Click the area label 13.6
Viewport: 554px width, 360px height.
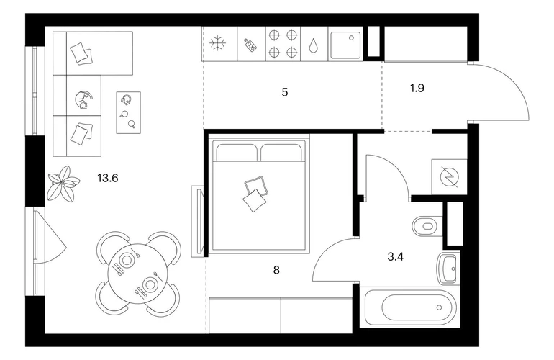coord(108,179)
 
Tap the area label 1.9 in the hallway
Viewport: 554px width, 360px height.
coord(417,88)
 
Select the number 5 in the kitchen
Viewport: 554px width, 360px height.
coord(285,93)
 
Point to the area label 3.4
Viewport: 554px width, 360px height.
coord(396,257)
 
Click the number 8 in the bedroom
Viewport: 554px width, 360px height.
coord(276,270)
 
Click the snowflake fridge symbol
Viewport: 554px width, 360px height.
coord(217,43)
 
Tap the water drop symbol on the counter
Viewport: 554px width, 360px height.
coord(314,45)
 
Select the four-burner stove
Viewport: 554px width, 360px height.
coord(283,44)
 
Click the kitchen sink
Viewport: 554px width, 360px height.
coord(345,45)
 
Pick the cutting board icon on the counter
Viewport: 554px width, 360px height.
coord(250,45)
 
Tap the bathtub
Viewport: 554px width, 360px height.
coord(412,307)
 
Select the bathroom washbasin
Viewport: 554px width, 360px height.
coord(448,269)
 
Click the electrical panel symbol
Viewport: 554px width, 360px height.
coord(449,176)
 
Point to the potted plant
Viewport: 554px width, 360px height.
coord(63,183)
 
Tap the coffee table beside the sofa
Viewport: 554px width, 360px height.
coord(129,112)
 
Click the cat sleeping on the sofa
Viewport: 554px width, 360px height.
coord(84,99)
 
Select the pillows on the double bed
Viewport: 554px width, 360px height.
coord(255,194)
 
